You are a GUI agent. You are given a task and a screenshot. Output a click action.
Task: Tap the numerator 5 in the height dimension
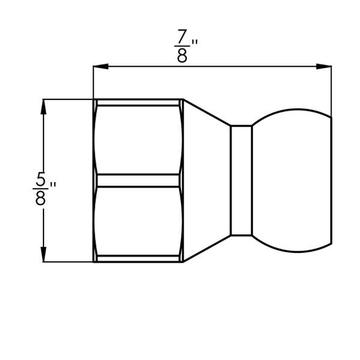point(40,180)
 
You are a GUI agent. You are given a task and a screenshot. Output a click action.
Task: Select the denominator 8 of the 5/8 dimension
point(40,198)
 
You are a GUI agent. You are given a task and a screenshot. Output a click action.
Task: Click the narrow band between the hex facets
point(138,180)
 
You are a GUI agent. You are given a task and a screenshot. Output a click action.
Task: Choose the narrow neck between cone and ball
point(241,180)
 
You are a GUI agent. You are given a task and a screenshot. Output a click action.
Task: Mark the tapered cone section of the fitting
point(207,180)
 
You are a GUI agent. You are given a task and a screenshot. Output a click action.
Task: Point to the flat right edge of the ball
point(332,180)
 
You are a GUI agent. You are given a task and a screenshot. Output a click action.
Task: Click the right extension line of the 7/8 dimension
point(332,89)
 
